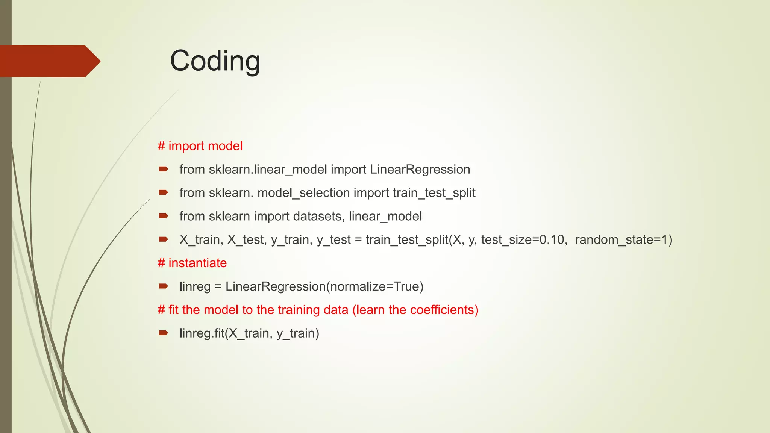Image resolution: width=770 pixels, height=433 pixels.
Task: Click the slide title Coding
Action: click(x=215, y=61)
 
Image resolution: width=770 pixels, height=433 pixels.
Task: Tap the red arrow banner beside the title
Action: click(x=49, y=61)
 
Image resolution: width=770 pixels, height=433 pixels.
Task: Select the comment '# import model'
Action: click(x=200, y=146)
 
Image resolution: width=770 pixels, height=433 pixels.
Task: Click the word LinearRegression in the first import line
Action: click(x=420, y=170)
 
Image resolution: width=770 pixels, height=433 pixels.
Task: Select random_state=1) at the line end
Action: click(x=623, y=240)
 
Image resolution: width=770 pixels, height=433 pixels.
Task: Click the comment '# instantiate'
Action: click(x=192, y=263)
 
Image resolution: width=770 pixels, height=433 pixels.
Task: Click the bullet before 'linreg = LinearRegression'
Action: click(x=163, y=286)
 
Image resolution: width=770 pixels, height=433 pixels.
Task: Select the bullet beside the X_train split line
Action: click(x=163, y=239)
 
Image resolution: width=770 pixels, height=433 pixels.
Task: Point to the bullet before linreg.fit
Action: click(x=163, y=333)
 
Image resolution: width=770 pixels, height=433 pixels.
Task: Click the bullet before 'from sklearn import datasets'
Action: click(x=163, y=216)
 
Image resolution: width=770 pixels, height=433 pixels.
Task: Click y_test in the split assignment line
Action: click(x=333, y=240)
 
